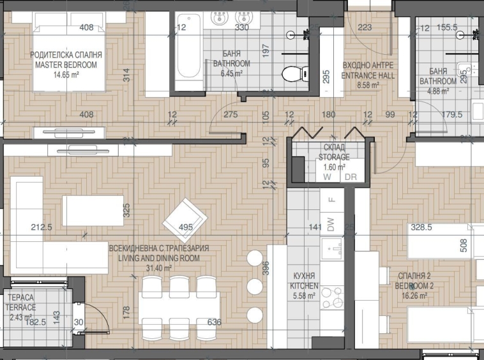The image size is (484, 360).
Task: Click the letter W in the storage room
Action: click(326, 177)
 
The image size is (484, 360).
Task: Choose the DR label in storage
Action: click(350, 177)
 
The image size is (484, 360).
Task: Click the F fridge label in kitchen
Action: click(331, 199)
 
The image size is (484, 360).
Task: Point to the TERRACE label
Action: click(22, 307)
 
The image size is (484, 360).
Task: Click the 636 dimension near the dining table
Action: click(214, 322)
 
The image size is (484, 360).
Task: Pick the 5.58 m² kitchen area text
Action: click(304, 296)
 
